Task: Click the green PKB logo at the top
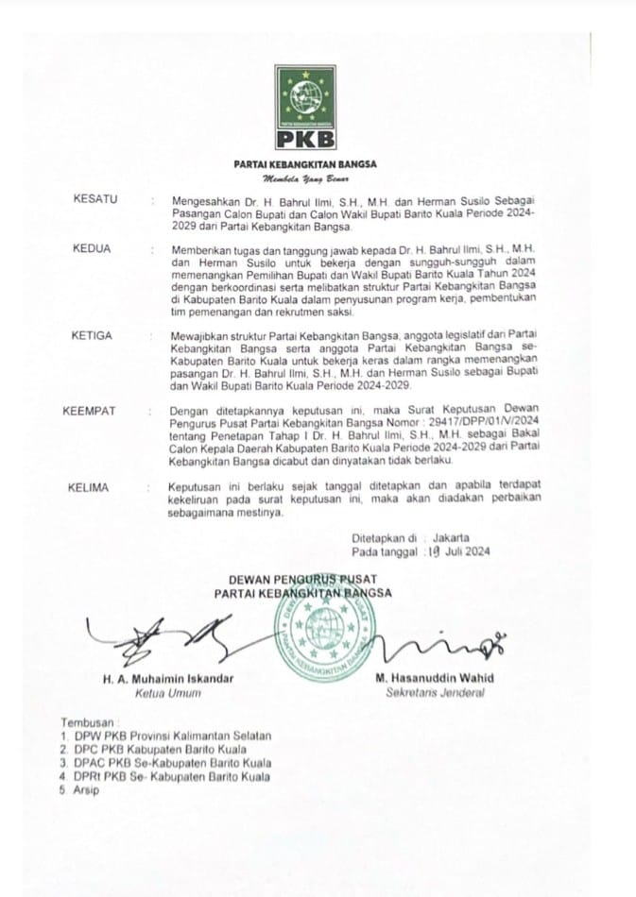[305, 109]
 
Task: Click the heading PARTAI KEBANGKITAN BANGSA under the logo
[304, 164]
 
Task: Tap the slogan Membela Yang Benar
[304, 178]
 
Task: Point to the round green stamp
[321, 638]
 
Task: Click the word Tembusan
[86, 720]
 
